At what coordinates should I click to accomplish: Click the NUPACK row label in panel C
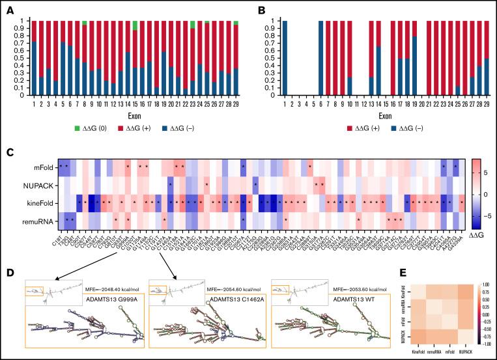tap(38, 185)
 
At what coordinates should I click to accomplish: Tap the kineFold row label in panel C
tap(40, 203)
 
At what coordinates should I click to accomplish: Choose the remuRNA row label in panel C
tap(38, 222)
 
